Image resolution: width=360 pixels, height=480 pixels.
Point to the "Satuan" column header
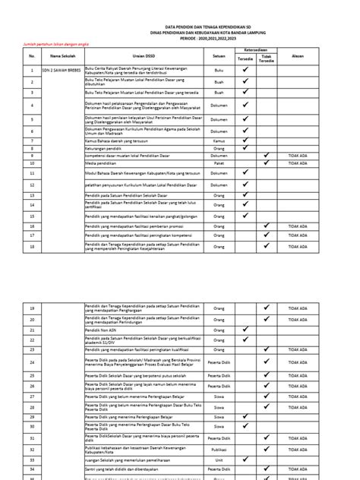pyautogui.click(x=219, y=56)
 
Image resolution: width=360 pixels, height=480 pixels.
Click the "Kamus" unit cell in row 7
pyautogui.click(x=219, y=141)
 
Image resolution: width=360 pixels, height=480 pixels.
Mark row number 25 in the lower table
pyautogui.click(x=33, y=376)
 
